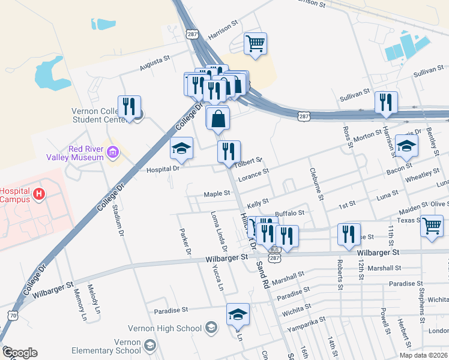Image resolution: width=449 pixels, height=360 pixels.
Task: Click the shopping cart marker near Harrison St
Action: pyautogui.click(x=256, y=43)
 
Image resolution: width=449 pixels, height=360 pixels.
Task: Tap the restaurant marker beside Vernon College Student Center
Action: pyautogui.click(x=129, y=107)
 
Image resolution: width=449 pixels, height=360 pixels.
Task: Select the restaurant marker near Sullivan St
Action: pyautogui.click(x=385, y=103)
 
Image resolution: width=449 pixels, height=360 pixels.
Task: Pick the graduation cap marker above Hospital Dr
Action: pyautogui.click(x=181, y=149)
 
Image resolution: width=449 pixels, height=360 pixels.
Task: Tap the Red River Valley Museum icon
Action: pyautogui.click(x=112, y=154)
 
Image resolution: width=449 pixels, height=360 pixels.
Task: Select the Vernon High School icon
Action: pyautogui.click(x=211, y=328)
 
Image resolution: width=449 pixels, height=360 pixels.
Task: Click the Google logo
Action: pyautogui.click(x=20, y=353)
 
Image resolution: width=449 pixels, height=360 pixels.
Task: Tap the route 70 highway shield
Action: pyautogui.click(x=13, y=314)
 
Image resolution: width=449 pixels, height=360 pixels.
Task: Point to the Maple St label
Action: pyautogui.click(x=217, y=194)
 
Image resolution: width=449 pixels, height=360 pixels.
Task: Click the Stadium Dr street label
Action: pyautogui.click(x=118, y=219)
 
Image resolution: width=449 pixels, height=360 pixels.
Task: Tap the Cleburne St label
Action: pyautogui.click(x=316, y=184)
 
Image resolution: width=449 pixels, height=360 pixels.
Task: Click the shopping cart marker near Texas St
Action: pyautogui.click(x=432, y=226)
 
